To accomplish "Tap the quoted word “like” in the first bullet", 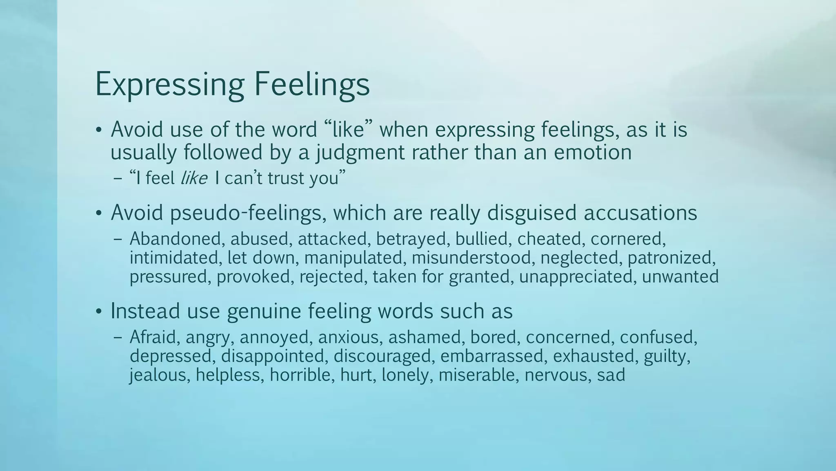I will (x=349, y=130).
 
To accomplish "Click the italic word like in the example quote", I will (x=194, y=178).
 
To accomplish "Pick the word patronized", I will (x=671, y=258).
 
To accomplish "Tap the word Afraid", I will (x=155, y=337).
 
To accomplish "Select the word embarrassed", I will (x=493, y=356).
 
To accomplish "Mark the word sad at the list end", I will (x=611, y=375).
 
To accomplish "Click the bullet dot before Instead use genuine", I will (x=98, y=312).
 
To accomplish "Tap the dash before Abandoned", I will (x=118, y=240).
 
